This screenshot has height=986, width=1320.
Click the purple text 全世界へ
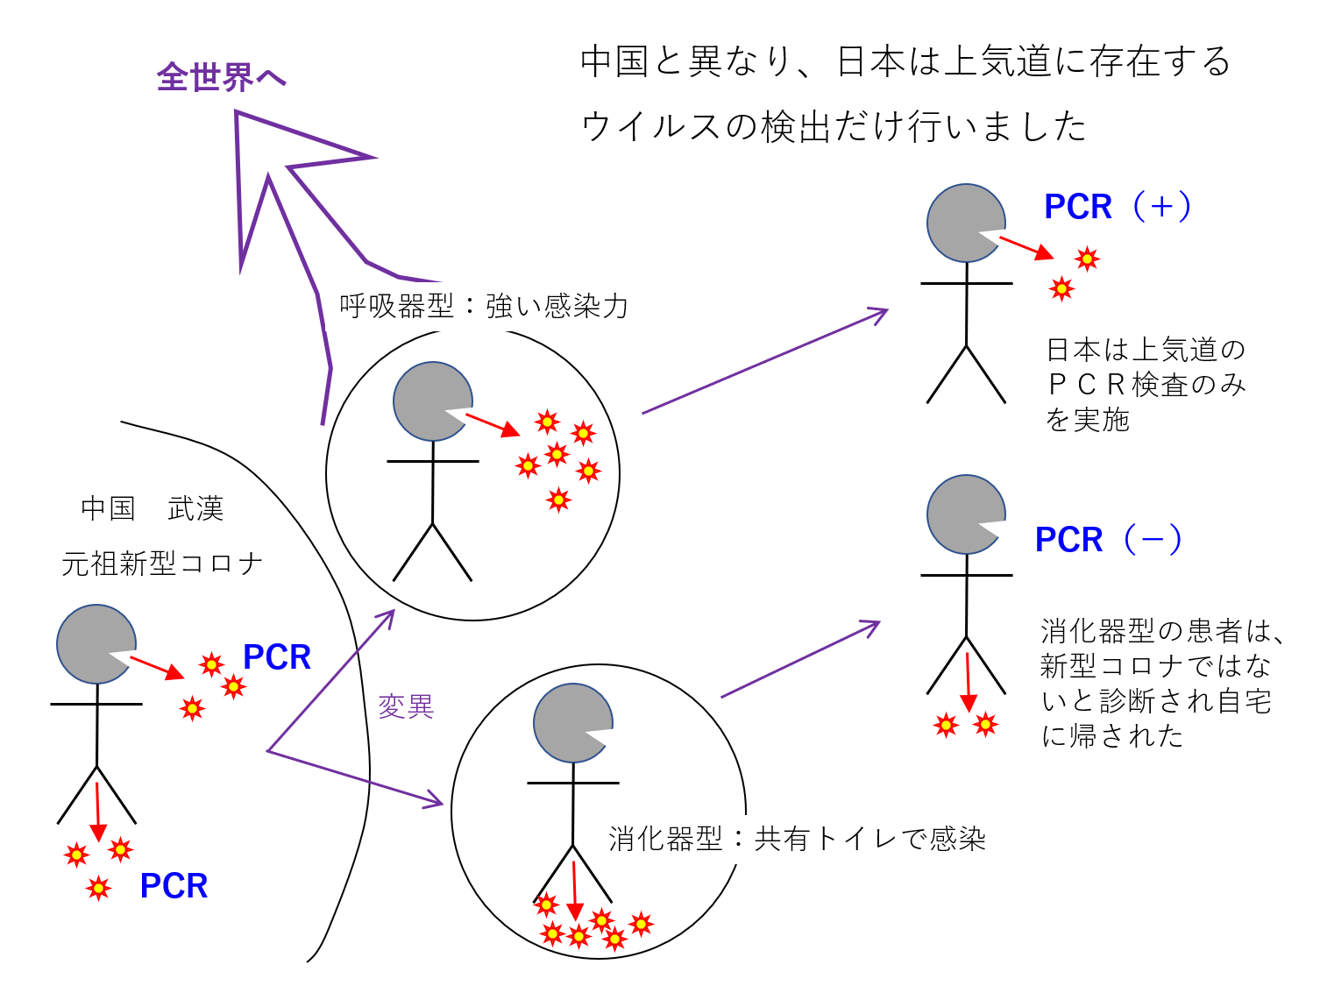[x=221, y=77]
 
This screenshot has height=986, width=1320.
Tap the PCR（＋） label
[x=1118, y=207]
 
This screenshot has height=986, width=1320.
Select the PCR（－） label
[x=1109, y=540]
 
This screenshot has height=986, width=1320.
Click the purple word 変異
[x=406, y=706]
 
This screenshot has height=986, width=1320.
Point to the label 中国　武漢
[x=152, y=508]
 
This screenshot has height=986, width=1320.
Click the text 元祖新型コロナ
[x=162, y=563]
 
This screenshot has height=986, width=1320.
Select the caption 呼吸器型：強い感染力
[x=484, y=306]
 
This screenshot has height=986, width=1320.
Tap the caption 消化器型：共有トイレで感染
[x=797, y=839]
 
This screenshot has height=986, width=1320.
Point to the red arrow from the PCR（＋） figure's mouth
[x=1025, y=247]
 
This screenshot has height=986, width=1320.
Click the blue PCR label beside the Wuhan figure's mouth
[x=277, y=657]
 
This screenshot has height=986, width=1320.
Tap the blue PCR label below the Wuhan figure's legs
[x=174, y=886]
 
